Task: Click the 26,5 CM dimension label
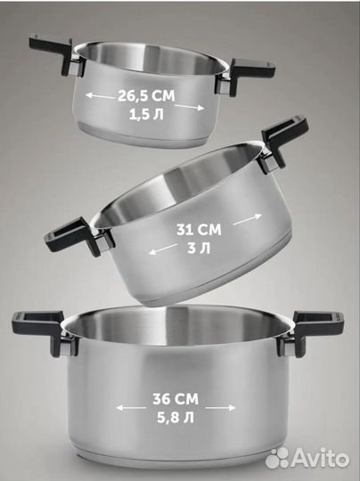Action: [x=146, y=96]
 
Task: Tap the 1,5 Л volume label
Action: [x=146, y=115]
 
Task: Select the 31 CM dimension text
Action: [x=199, y=230]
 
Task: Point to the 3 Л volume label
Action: [x=199, y=248]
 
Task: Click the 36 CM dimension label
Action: [x=176, y=399]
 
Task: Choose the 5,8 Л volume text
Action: [x=176, y=418]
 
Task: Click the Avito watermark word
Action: [x=320, y=459]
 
